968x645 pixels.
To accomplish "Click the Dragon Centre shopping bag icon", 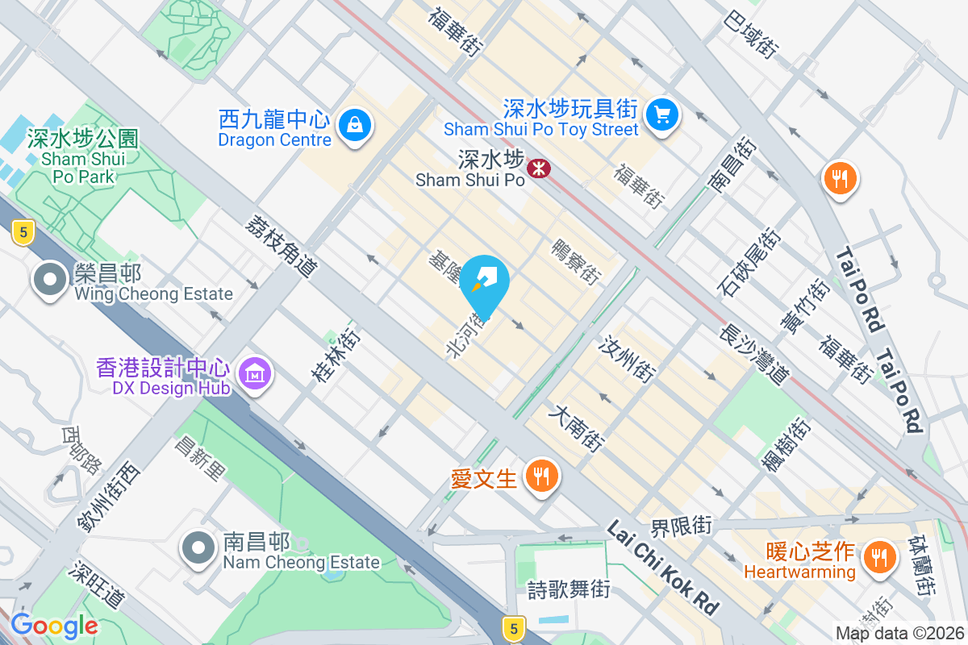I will (354, 125).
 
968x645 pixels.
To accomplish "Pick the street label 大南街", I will (576, 428).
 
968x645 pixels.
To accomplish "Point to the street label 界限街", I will (682, 526).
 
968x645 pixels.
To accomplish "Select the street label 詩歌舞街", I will (569, 589).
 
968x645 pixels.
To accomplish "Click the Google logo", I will (54, 626).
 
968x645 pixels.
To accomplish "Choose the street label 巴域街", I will (751, 34).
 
